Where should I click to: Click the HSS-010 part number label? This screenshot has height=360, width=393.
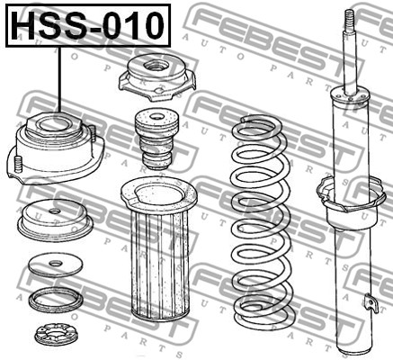pos(88,25)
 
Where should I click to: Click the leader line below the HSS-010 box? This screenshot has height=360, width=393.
pos(60,80)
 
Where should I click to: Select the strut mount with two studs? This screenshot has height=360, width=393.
pos(56,148)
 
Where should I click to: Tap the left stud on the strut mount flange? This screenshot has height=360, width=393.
pos(18,165)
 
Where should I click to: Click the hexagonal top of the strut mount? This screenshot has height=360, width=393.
pos(54,126)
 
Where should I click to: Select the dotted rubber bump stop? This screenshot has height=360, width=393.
pos(156,139)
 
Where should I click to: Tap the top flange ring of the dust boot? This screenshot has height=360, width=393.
pos(159,195)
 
